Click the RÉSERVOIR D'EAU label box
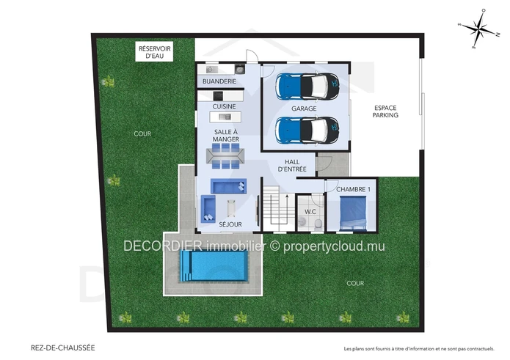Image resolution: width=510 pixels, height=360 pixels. [x=154, y=51]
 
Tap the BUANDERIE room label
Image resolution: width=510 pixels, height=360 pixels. [x=219, y=81]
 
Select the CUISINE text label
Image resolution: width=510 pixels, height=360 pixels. [x=224, y=106]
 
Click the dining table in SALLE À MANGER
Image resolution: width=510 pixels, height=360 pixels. [x=226, y=156]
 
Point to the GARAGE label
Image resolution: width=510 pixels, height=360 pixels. [x=304, y=109]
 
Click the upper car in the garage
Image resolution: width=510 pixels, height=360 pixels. [x=307, y=86]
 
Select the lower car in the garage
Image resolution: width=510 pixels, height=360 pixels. [x=307, y=130]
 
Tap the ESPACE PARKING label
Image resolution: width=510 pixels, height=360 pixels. [x=385, y=111]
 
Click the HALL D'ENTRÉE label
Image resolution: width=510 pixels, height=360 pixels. [x=292, y=166]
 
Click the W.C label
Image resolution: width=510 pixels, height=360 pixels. [x=310, y=212]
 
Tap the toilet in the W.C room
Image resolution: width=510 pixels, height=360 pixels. [x=318, y=224]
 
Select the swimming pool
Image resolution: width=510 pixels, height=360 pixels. [x=214, y=265]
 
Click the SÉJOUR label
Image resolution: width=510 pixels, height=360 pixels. [x=230, y=224]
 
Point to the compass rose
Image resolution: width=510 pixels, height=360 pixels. [x=479, y=29]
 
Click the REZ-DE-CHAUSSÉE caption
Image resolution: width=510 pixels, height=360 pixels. [x=63, y=348]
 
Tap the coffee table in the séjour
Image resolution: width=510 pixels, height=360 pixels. [x=231, y=208]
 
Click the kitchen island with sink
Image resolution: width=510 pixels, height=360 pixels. [x=225, y=117]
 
